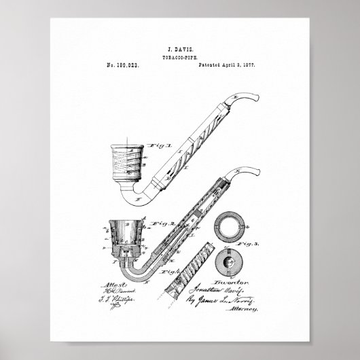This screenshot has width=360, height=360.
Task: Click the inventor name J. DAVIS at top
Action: pyautogui.click(x=179, y=50)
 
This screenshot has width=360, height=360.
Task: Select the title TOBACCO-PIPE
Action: pyautogui.click(x=179, y=58)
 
